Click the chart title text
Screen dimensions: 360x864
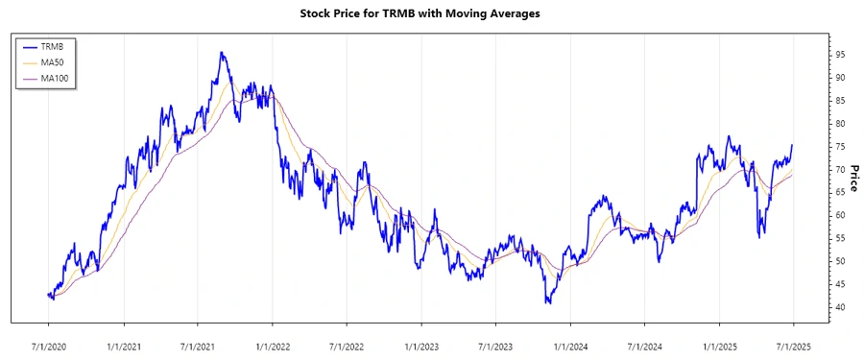[x=432, y=14]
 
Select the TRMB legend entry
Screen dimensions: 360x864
[x=52, y=46]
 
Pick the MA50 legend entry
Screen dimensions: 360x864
[x=52, y=62]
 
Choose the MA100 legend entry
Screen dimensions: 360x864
[x=54, y=78]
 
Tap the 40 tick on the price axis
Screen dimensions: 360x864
[x=839, y=307]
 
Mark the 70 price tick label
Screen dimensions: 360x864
[x=839, y=170]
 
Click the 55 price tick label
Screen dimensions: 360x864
[x=839, y=238]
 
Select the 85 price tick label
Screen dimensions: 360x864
[x=839, y=101]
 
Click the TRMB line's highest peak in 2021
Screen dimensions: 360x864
[x=222, y=53]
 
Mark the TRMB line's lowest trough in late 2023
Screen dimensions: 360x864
[x=548, y=303]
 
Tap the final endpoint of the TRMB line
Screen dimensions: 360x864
[x=792, y=145]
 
